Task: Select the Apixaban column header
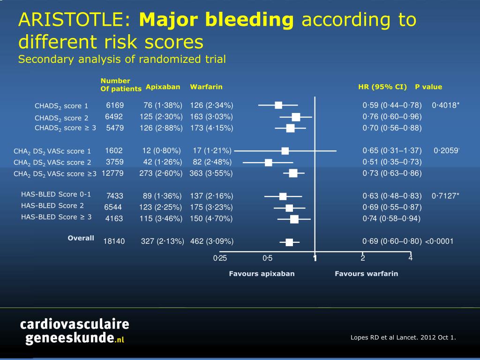coord(163,87)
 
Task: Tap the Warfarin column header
coord(206,87)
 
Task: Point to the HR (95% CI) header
coord(382,87)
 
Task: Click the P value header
coord(428,87)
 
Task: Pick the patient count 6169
coord(115,105)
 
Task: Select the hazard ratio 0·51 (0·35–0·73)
coord(392,162)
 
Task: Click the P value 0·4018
coord(444,105)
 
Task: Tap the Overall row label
coord(81,238)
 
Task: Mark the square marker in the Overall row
coord(289,242)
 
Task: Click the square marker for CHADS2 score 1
coord(278,105)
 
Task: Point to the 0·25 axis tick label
coord(220,258)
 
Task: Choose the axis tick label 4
coord(410,257)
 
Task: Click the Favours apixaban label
coord(262,274)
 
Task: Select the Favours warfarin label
coord(366,274)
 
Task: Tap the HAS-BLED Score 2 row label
coord(52,206)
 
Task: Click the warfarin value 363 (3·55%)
coord(211,173)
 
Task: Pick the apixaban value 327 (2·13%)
coord(162,242)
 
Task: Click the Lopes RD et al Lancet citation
coord(403,337)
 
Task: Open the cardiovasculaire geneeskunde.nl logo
coord(74,331)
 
